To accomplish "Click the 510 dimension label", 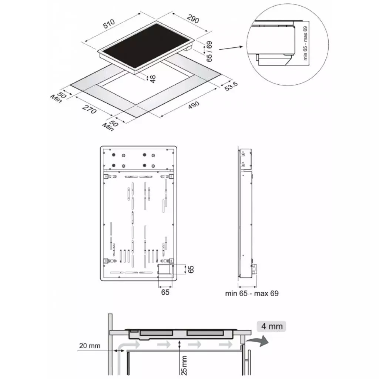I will pyautogui.click(x=109, y=24).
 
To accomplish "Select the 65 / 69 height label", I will pyautogui.click(x=209, y=51).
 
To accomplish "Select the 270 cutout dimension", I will pyautogui.click(x=89, y=110).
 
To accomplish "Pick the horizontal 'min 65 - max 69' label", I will pyautogui.click(x=252, y=294).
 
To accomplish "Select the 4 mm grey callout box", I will pyautogui.click(x=271, y=326).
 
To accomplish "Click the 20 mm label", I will pyautogui.click(x=90, y=346).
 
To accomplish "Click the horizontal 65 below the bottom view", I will pyautogui.click(x=165, y=292).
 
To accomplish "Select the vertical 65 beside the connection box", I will pyautogui.click(x=191, y=269).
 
